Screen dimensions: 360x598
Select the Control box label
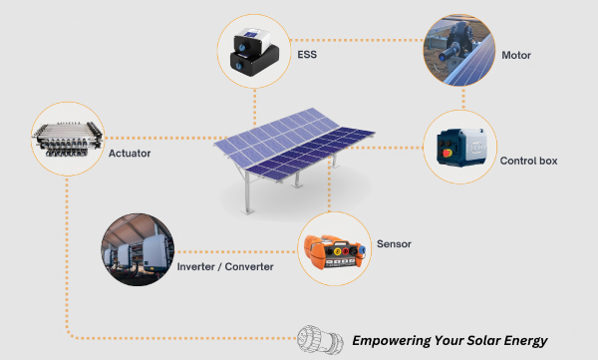point(528,161)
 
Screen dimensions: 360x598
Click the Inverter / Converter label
point(230,266)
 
